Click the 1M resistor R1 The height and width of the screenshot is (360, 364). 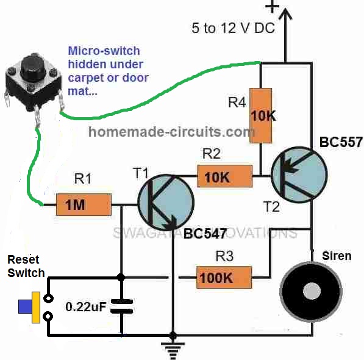pos(84,205)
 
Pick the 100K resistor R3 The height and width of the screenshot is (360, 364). pos(224,278)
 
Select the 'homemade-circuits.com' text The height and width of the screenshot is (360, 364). pos(171,131)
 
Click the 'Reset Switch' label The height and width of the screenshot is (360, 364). pos(26,265)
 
